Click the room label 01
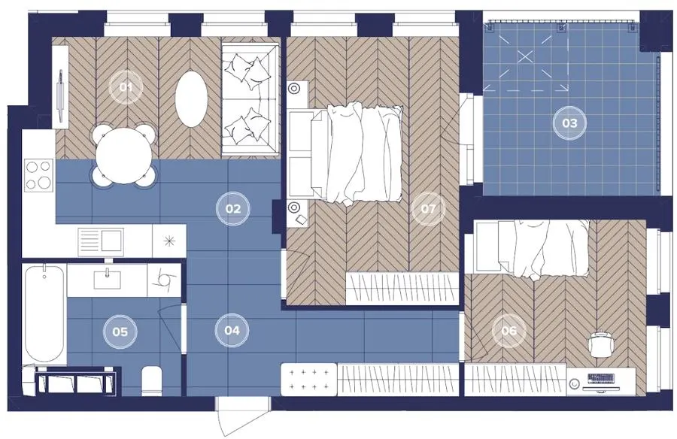(126, 88)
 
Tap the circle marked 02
(233, 209)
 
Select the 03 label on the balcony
(569, 123)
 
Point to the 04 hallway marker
(232, 331)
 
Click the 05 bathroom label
(120, 332)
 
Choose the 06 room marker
(509, 331)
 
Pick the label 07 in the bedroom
(428, 209)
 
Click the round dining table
(125, 156)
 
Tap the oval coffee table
(192, 99)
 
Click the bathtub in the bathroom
(44, 313)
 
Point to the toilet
(151, 380)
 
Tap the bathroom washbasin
(108, 280)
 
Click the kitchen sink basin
(111, 242)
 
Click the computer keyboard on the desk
(600, 377)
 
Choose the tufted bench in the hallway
(308, 379)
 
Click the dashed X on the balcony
(525, 56)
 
